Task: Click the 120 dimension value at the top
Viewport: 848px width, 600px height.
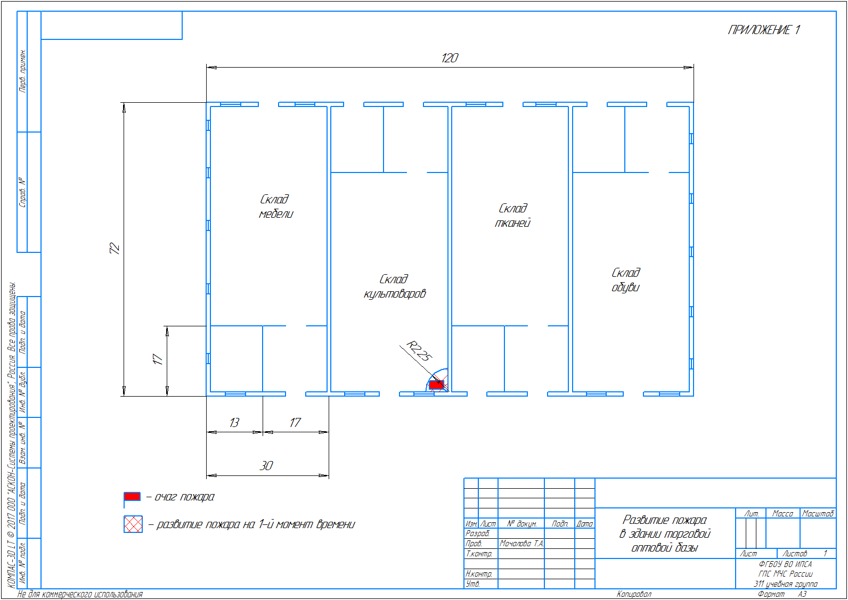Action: click(450, 58)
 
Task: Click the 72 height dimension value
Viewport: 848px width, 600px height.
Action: click(115, 249)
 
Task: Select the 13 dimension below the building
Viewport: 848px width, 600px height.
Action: click(234, 423)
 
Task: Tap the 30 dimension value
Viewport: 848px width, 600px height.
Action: click(266, 466)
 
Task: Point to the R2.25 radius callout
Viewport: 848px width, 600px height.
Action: click(419, 351)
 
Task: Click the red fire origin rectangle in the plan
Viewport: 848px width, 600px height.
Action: click(436, 385)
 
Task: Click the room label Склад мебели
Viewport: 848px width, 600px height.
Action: click(275, 207)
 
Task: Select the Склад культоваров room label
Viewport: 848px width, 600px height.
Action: click(395, 286)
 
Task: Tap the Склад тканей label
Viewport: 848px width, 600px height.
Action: click(512, 216)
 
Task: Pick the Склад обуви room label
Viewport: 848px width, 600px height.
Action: click(626, 280)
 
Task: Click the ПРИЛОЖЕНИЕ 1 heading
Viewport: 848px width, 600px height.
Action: click(764, 30)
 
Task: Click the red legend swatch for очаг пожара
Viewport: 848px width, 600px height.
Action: click(132, 496)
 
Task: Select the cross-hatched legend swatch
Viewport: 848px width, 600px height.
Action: click(133, 524)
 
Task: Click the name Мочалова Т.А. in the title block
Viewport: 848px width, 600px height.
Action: click(521, 544)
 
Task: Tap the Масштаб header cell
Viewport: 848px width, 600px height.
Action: click(818, 513)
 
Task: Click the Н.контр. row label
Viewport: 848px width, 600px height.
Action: click(479, 574)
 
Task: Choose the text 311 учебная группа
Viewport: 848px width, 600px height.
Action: click(786, 584)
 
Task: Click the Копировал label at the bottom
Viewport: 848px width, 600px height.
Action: click(634, 594)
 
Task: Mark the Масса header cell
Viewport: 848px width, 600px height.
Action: click(782, 513)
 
